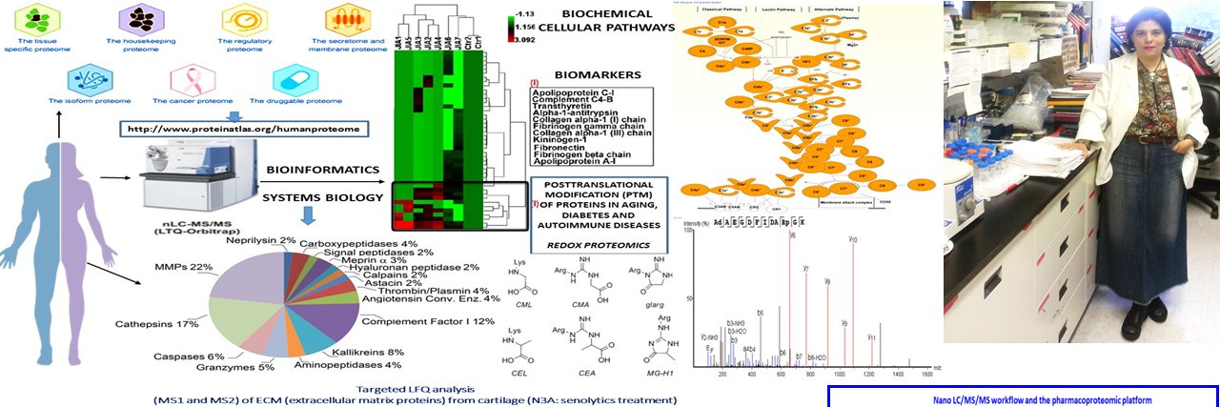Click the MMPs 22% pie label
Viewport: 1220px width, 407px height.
(x=187, y=266)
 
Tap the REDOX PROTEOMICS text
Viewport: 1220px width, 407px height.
(x=597, y=243)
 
